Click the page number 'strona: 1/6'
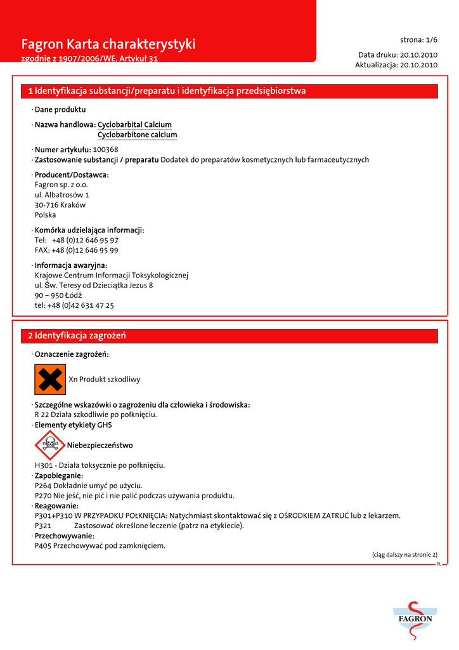418,39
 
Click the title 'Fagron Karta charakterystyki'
108,44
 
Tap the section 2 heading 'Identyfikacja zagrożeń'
81,335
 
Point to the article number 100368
106,149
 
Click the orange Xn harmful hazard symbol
50,380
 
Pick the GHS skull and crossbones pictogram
50,445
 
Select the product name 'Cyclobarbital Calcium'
134,124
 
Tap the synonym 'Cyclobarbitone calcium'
137,135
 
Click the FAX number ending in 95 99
77,250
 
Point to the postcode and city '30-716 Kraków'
60,205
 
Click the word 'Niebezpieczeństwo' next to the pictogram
100,445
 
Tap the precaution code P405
43,545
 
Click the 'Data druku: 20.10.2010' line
398,55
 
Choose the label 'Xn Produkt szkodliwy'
105,380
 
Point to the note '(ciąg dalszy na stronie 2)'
404,554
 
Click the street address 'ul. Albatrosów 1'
61,195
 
